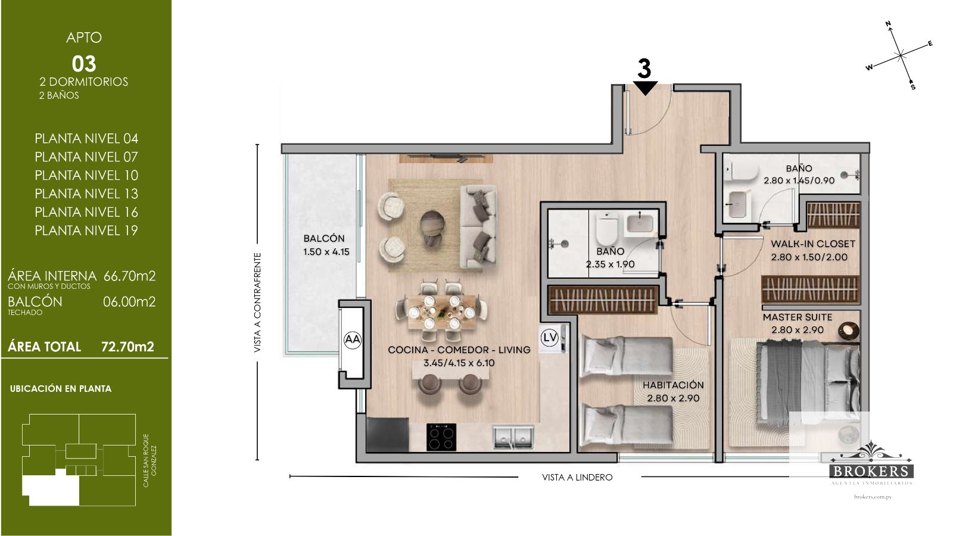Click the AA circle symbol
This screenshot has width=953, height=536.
coord(352,340)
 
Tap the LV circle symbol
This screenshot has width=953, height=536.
coord(549,338)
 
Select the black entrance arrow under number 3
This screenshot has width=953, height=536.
coord(645,88)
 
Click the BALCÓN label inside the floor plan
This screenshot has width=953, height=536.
coord(324,238)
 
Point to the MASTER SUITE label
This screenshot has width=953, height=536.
coord(798,317)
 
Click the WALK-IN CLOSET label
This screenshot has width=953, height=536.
coord(813,244)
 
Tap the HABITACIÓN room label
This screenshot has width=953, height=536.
coord(673,385)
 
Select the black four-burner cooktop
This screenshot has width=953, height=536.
coord(441,437)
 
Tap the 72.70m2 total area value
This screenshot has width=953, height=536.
coord(127,347)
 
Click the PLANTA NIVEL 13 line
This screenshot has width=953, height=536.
coord(86,194)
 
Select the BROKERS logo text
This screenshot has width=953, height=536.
coord(872,471)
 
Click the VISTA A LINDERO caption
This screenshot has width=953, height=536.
coord(577,477)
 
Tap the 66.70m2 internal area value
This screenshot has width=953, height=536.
coord(129,276)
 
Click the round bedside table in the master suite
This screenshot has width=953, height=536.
coord(848,331)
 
